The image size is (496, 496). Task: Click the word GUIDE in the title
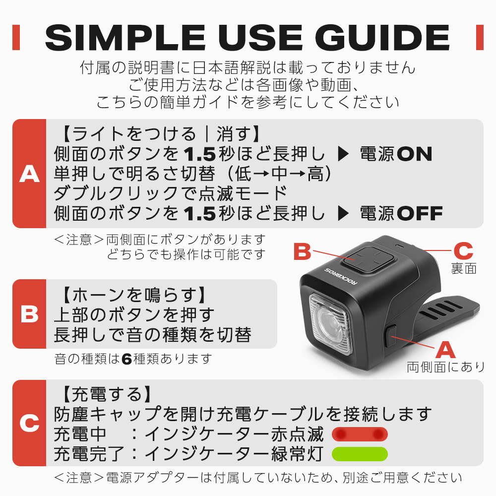click(382, 38)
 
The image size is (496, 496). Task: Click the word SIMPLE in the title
click(125, 38)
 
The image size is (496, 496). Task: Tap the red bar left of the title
click(16, 37)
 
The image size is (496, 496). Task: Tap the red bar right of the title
click(480, 37)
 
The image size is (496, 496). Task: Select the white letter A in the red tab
click(29, 174)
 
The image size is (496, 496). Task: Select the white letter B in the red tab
click(29, 314)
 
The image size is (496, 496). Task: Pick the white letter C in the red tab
click(29, 423)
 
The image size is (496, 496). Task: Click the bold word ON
click(414, 154)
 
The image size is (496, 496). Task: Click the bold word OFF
click(420, 213)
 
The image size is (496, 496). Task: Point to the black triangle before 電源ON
click(343, 154)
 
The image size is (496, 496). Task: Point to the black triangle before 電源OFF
click(343, 213)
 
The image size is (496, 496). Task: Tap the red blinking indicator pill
click(360, 434)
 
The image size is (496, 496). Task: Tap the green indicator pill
click(360, 454)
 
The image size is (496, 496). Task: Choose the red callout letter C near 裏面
click(463, 251)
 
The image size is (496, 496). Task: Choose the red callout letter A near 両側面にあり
click(445, 350)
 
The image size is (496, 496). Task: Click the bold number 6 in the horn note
click(126, 359)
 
